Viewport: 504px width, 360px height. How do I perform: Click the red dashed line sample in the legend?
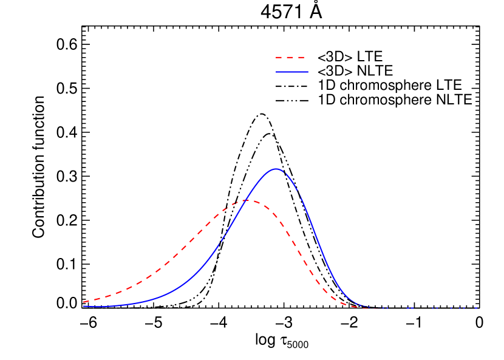(290, 58)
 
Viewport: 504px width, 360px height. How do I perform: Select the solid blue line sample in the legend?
(291, 72)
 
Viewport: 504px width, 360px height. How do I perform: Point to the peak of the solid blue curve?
(276, 169)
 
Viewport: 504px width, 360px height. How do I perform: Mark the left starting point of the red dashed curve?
(84, 302)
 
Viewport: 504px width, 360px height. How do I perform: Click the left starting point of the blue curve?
(84, 306)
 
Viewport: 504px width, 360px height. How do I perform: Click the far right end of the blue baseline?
(477, 308)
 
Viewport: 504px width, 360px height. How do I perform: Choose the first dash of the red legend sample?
(279, 58)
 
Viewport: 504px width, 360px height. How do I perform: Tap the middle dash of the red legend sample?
(290, 58)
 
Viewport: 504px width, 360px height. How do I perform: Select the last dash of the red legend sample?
(300, 58)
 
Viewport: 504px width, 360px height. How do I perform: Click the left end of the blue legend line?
(276, 72)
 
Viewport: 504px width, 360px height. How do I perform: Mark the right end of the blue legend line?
(307, 72)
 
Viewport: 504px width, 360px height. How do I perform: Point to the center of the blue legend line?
(291, 72)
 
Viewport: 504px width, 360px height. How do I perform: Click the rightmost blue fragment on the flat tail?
(476, 308)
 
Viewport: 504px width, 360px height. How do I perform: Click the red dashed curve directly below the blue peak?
(276, 216)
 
